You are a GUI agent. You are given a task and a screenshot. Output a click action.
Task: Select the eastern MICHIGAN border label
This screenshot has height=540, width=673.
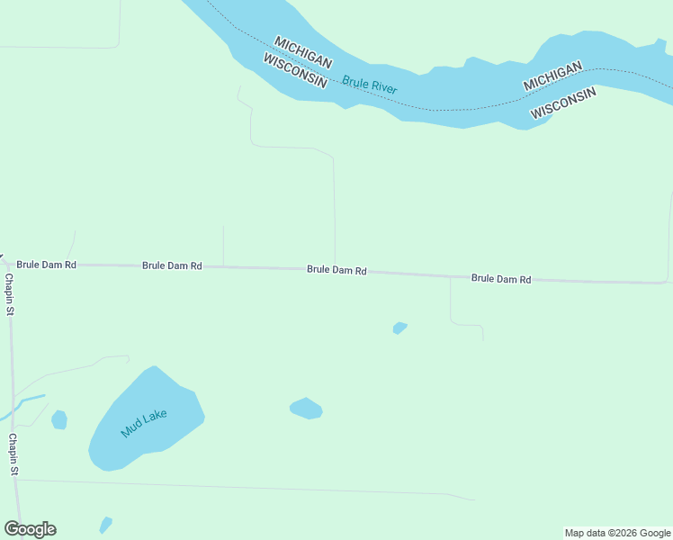coord(553,76)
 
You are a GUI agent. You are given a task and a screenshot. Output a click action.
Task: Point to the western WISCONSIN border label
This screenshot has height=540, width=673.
coord(294,70)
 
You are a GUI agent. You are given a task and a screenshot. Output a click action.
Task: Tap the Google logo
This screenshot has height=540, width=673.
coord(30,529)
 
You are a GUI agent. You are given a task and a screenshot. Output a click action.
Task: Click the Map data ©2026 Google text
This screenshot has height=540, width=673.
coord(617,534)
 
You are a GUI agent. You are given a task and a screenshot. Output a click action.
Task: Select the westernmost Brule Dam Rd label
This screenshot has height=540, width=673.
coord(46,265)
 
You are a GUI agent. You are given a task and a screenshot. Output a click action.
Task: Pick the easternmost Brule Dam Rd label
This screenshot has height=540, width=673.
coord(501,279)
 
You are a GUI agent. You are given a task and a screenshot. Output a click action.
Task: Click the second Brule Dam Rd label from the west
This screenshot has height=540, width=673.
coord(172,266)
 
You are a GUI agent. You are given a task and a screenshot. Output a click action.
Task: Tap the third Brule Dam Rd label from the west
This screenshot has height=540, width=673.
coord(336,270)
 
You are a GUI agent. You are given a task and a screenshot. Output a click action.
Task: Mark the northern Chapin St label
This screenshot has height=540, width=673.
coord(10,295)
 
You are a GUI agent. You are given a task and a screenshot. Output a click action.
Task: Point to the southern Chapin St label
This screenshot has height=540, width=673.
coord(13,454)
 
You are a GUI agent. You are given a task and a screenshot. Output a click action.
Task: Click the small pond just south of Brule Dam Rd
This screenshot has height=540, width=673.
coord(399,328)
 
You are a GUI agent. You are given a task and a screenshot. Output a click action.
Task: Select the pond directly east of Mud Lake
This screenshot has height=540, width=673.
coord(306,409)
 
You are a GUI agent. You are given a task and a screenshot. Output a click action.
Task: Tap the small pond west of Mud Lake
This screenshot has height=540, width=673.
coord(59,419)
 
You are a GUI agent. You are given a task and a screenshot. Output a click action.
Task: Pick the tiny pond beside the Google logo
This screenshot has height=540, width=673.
coord(105,525)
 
